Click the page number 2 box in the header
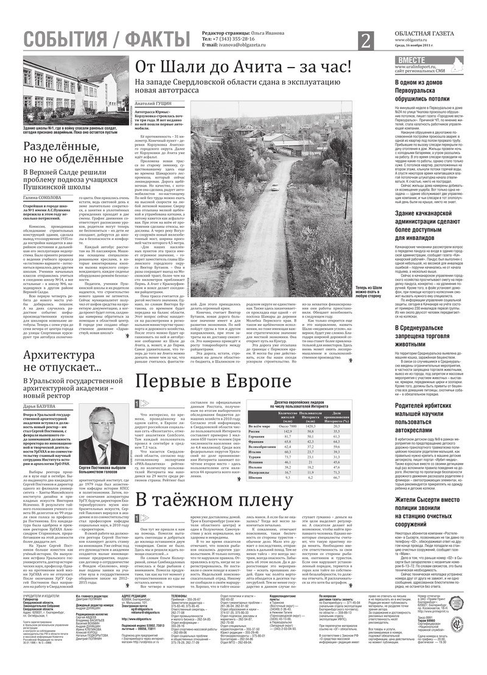click(366, 41)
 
